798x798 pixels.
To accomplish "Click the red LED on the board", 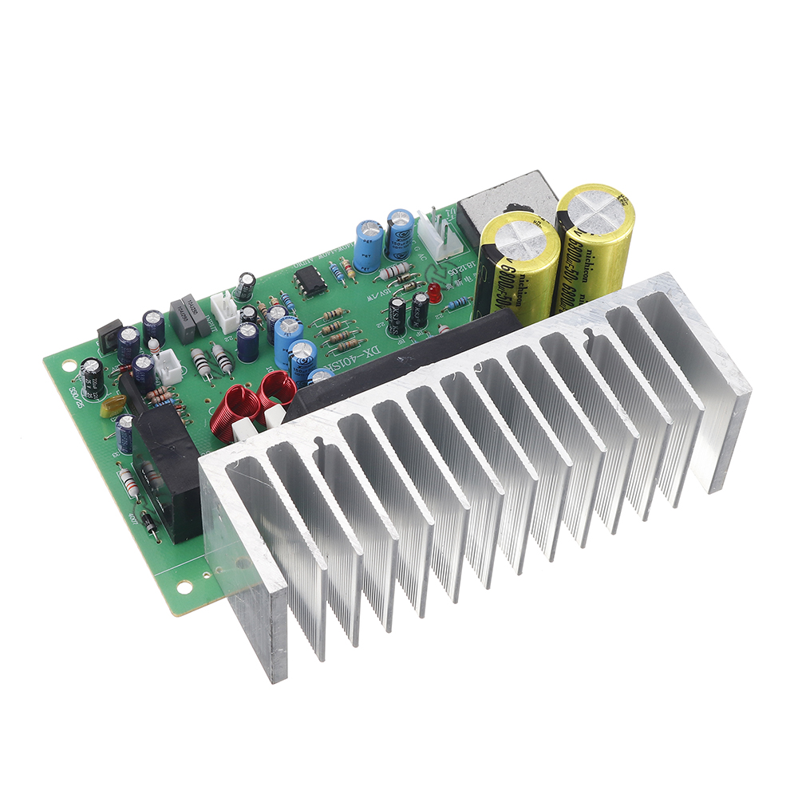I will [x=434, y=292].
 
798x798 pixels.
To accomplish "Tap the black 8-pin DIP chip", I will [x=310, y=281].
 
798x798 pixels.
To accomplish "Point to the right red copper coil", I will [x=277, y=389].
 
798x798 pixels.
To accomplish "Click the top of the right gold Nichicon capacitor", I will [x=595, y=204].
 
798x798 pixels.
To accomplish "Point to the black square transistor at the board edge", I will [x=109, y=335].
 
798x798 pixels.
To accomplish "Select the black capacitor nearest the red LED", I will [x=419, y=311].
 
